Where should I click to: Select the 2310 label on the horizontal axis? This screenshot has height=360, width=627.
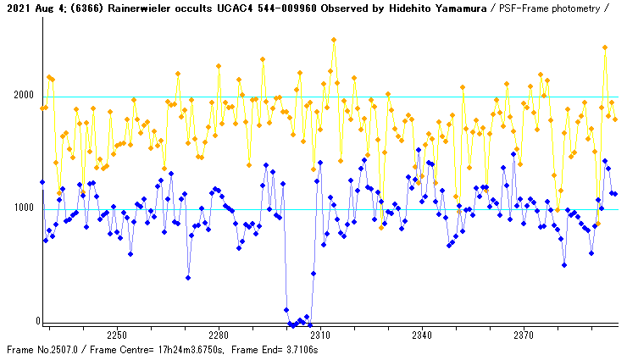tap(319, 334)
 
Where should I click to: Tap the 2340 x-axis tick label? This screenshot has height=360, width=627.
tap(421, 334)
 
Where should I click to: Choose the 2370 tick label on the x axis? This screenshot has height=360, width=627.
tap(523, 334)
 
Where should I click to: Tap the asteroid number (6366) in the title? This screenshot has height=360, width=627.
tap(69, 8)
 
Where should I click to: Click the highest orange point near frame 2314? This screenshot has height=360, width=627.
tap(334, 40)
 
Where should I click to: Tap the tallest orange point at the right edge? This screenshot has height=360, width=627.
tap(605, 47)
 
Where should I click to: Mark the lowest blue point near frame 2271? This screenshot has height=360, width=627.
tap(188, 278)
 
